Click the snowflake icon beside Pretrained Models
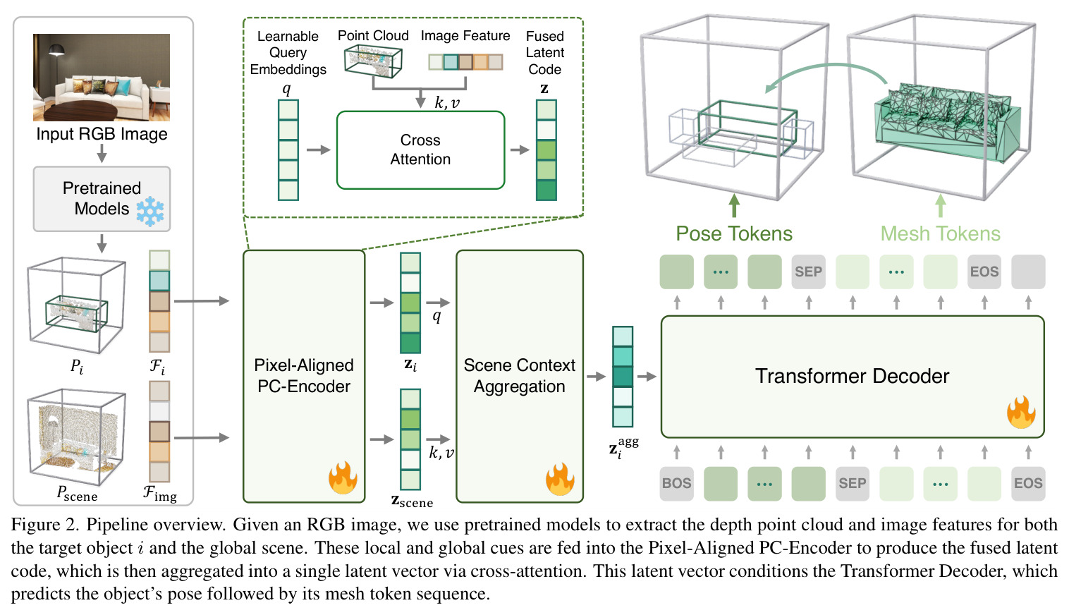150,211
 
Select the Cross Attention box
420,150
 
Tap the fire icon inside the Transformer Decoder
1021,412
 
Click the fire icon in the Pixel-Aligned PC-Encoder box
343,477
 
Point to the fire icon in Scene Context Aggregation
561,478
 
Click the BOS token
677,484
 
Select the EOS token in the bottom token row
1028,484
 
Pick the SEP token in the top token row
808,272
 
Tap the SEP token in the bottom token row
853,484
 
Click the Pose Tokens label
734,234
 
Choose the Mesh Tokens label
940,234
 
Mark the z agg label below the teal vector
623,449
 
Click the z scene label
412,501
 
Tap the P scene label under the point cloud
77,493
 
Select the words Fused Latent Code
544,52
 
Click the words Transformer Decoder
852,376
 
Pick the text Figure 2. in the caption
45,525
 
